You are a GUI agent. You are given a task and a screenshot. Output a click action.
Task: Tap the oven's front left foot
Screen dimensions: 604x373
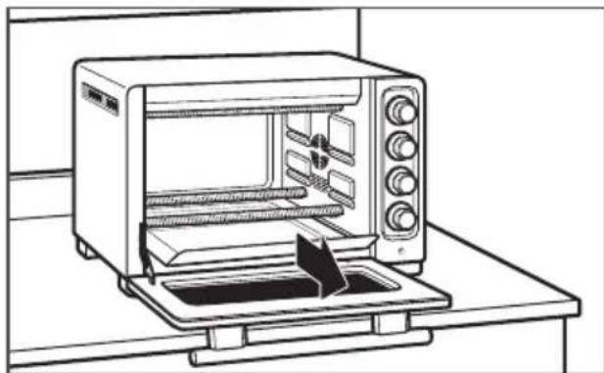131,285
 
